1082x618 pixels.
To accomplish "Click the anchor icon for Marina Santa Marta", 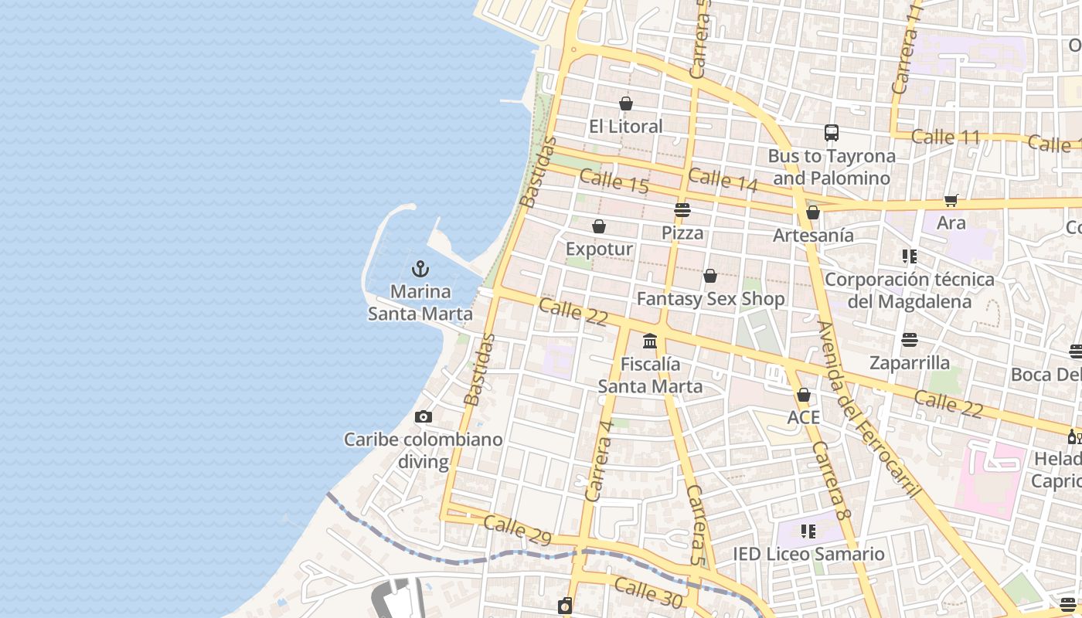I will (420, 269).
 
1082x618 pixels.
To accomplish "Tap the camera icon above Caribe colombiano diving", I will (423, 417).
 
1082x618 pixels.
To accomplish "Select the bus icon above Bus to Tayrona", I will (831, 133).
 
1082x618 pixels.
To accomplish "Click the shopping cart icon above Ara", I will (951, 201).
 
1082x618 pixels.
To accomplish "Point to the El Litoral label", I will (625, 127).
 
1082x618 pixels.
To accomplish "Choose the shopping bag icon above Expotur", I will (598, 226).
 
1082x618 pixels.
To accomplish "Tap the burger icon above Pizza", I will (682, 210).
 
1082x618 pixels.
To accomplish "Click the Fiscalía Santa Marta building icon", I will (649, 341).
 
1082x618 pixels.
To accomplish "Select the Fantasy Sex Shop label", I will (710, 299).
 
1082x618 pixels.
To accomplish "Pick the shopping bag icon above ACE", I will (803, 396).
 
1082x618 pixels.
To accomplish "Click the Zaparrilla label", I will (909, 363).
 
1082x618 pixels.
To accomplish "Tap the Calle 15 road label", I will (614, 182).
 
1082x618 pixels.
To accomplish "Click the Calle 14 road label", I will (723, 180).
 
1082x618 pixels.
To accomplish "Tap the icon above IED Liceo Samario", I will (808, 531).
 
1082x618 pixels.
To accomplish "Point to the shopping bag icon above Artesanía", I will (812, 212).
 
